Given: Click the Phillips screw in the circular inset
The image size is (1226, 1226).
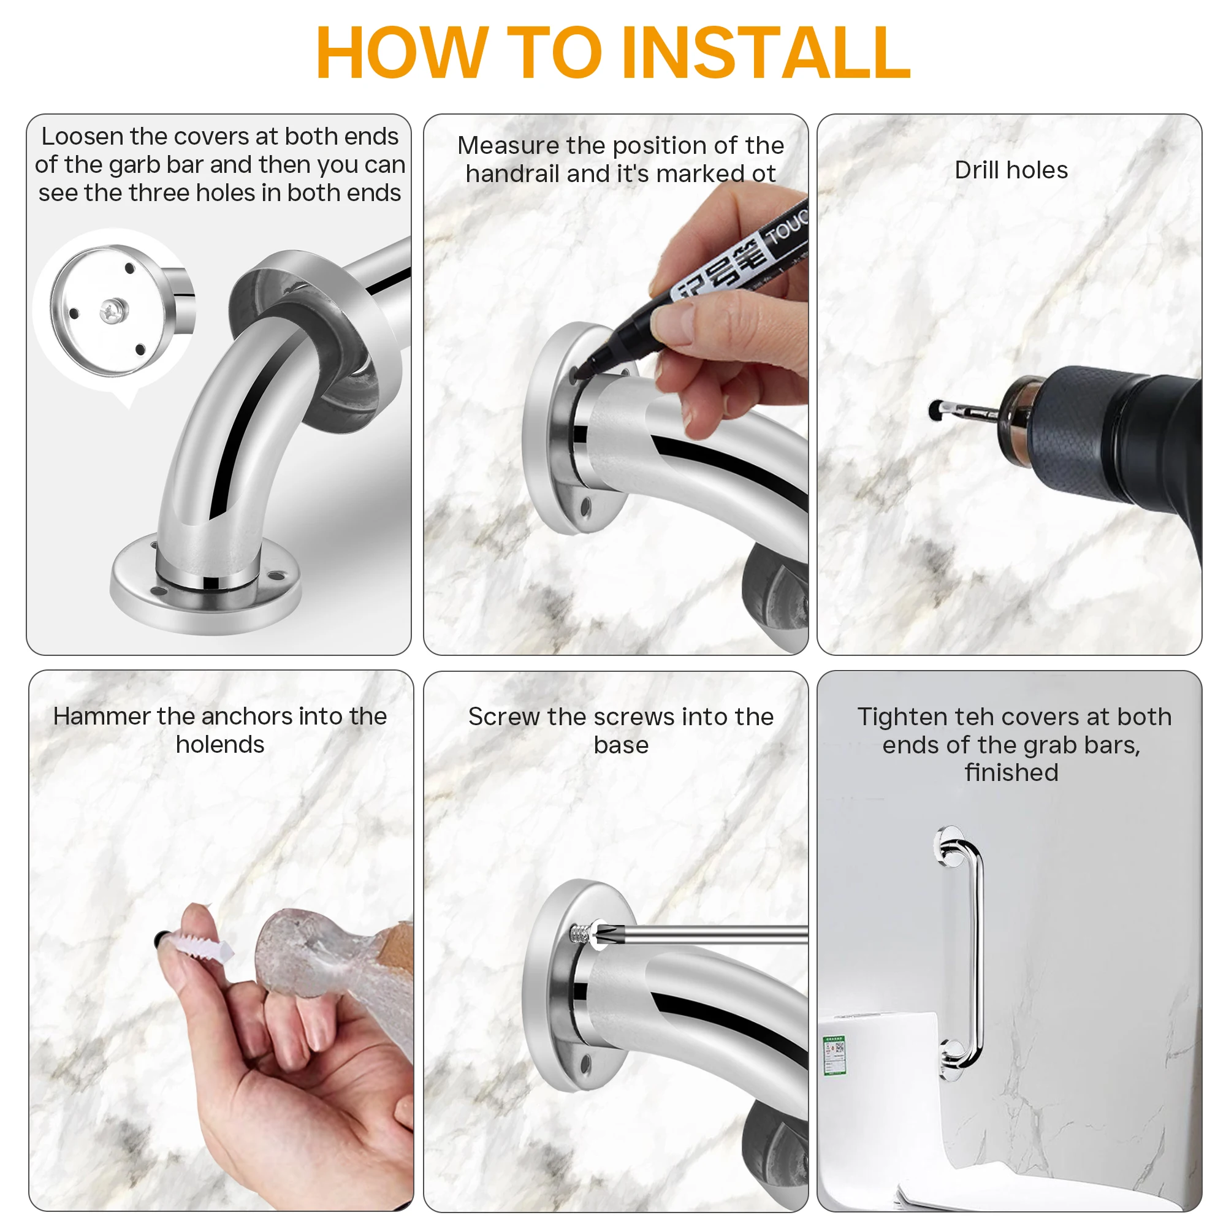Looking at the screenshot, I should coord(113,310).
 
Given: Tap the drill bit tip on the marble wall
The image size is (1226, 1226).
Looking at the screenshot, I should coord(935,409).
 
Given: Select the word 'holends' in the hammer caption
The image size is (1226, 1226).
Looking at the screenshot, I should coord(219,744).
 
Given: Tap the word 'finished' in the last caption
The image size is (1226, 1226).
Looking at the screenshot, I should coord(1011,772).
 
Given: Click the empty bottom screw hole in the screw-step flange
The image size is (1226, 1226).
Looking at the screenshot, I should coord(585,1064).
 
